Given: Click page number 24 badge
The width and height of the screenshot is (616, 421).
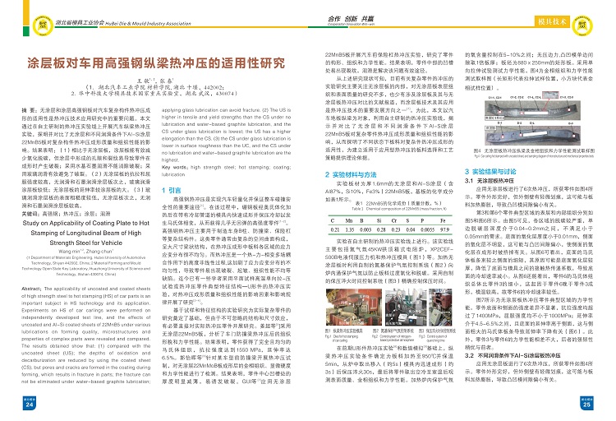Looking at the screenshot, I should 28,405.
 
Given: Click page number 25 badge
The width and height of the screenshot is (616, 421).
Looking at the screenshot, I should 589,405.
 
